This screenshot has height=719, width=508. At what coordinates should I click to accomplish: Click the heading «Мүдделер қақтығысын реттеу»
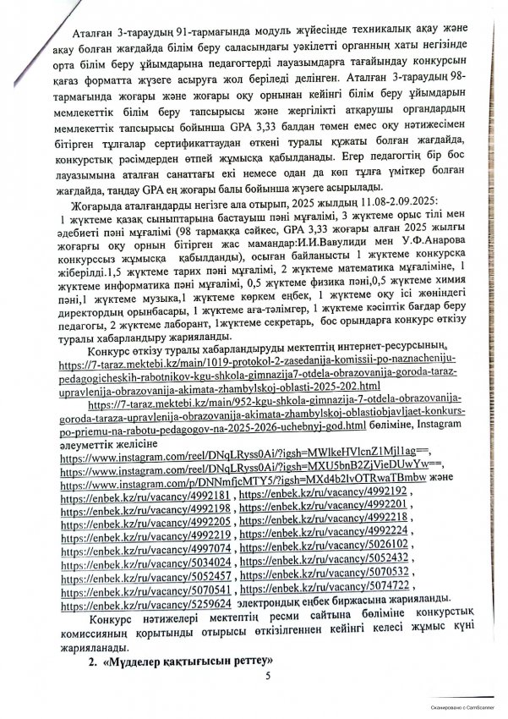[x=161, y=658]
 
